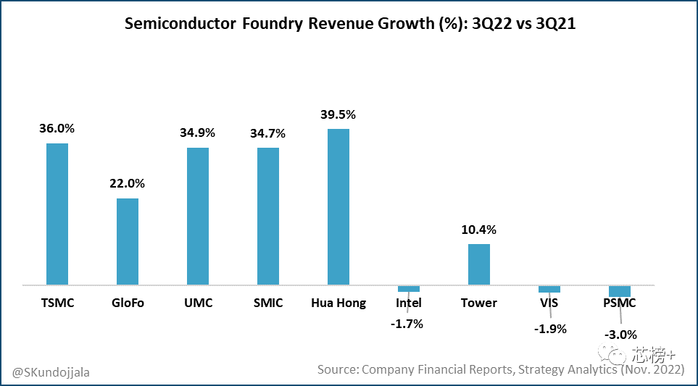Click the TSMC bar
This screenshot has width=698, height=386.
[57, 214]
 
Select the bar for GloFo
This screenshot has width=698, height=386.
[128, 241]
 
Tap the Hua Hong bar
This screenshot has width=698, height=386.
[338, 206]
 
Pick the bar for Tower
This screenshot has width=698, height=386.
[479, 264]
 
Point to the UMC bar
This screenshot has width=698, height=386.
[198, 216]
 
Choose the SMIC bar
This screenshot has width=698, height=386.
[268, 216]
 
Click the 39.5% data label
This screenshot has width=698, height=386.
[338, 115]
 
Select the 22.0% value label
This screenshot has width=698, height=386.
[128, 184]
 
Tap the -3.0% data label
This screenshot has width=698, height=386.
[620, 335]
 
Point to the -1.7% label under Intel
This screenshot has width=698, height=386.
[407, 324]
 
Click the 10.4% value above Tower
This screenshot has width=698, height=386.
[479, 230]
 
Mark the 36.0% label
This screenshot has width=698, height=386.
[57, 129]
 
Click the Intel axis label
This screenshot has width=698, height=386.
[409, 303]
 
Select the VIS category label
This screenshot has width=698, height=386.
[549, 303]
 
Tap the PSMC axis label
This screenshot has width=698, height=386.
[620, 303]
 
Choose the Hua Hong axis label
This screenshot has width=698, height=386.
[338, 303]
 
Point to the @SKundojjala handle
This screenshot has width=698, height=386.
[51, 372]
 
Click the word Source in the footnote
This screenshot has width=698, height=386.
[337, 369]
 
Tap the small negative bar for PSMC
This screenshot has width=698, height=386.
[620, 290]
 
